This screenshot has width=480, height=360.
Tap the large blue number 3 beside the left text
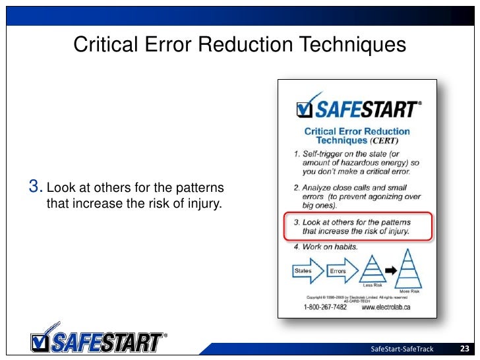click(x=36, y=188)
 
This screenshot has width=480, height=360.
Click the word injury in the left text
click(x=204, y=203)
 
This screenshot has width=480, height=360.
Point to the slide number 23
click(x=463, y=349)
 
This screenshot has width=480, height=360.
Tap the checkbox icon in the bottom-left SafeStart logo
click(x=40, y=342)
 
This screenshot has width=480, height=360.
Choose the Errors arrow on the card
click(x=341, y=271)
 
